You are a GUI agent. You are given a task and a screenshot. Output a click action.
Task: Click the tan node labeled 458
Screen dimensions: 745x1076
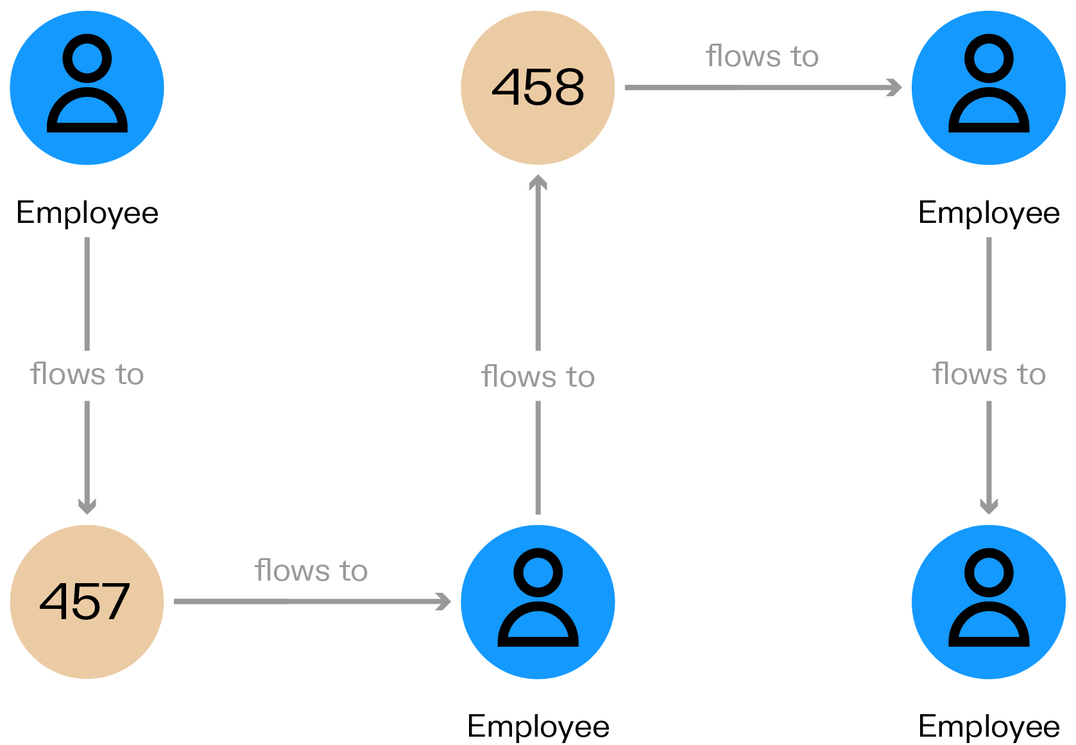pos(538,88)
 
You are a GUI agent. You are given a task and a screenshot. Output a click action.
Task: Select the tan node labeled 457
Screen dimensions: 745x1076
pos(87,602)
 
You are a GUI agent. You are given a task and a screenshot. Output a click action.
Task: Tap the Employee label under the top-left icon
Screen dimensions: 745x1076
pos(87,213)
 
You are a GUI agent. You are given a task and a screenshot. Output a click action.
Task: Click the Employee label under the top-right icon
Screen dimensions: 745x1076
pos(989,213)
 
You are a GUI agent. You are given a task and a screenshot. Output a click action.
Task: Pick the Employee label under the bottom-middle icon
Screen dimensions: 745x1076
pos(538,726)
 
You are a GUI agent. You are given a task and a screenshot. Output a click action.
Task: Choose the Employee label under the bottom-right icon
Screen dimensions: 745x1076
pos(989,726)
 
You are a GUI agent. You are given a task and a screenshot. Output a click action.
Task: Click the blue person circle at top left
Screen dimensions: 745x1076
pos(87,88)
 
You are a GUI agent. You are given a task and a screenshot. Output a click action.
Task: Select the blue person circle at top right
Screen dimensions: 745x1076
pos(989,88)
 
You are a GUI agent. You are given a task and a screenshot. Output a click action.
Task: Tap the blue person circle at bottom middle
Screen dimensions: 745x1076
pos(538,602)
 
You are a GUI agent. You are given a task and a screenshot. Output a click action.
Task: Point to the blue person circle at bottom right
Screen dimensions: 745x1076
pos(989,602)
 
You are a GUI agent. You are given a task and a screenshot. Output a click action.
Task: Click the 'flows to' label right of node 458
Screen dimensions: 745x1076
pos(762,57)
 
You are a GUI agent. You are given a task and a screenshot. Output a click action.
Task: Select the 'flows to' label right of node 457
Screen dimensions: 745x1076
pos(311,570)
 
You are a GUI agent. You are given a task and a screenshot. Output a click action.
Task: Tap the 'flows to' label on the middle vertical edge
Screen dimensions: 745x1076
pos(538,376)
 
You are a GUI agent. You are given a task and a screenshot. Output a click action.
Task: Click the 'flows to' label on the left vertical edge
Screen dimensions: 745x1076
pos(87,374)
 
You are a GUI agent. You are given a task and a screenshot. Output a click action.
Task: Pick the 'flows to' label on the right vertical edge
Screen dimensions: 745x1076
pos(989,374)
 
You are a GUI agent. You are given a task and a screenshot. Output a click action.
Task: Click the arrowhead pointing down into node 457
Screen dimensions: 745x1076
pos(87,506)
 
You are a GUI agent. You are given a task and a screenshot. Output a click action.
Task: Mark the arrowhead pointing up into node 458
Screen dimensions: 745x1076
pos(538,184)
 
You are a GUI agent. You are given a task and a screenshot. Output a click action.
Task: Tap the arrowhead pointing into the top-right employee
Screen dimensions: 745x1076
pos(894,87)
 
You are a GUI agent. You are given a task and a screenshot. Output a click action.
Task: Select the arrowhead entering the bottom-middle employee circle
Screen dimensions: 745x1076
pos(443,602)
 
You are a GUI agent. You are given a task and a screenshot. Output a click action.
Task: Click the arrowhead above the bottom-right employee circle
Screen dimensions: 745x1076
pos(989,506)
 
